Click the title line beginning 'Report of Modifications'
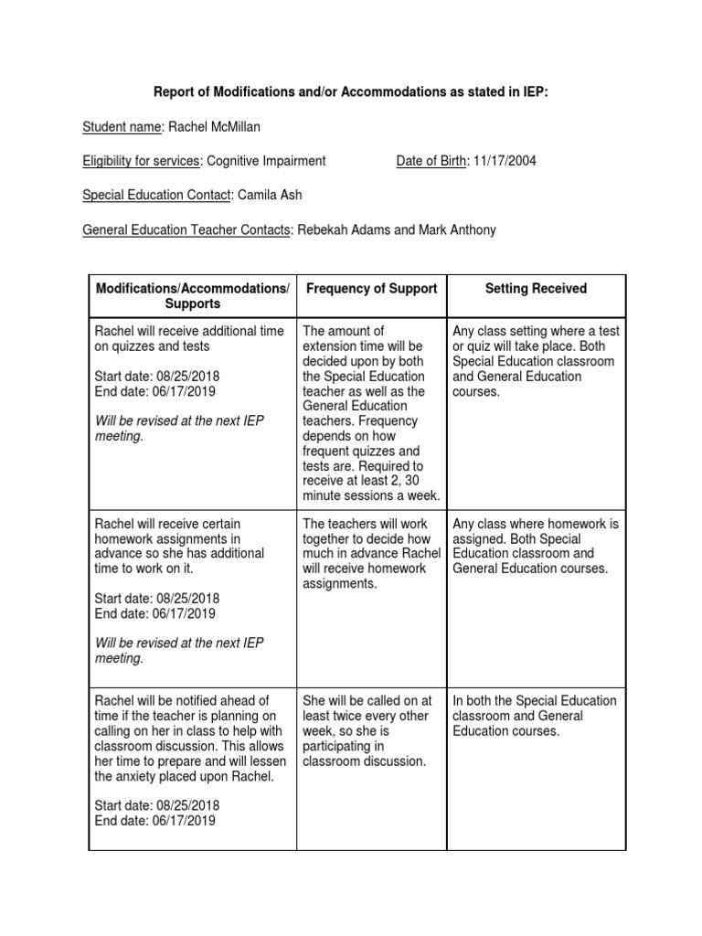[x=350, y=92]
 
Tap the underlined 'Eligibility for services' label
[x=141, y=161]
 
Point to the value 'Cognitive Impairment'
[x=266, y=161]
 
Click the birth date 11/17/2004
[x=505, y=161]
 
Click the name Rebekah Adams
[x=344, y=230]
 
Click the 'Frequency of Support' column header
[x=371, y=289]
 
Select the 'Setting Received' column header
[x=536, y=289]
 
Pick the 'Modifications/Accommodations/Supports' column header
[x=192, y=295]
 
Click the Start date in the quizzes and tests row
[x=156, y=376]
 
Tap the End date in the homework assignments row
[x=155, y=613]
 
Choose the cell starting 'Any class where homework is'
[x=536, y=546]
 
